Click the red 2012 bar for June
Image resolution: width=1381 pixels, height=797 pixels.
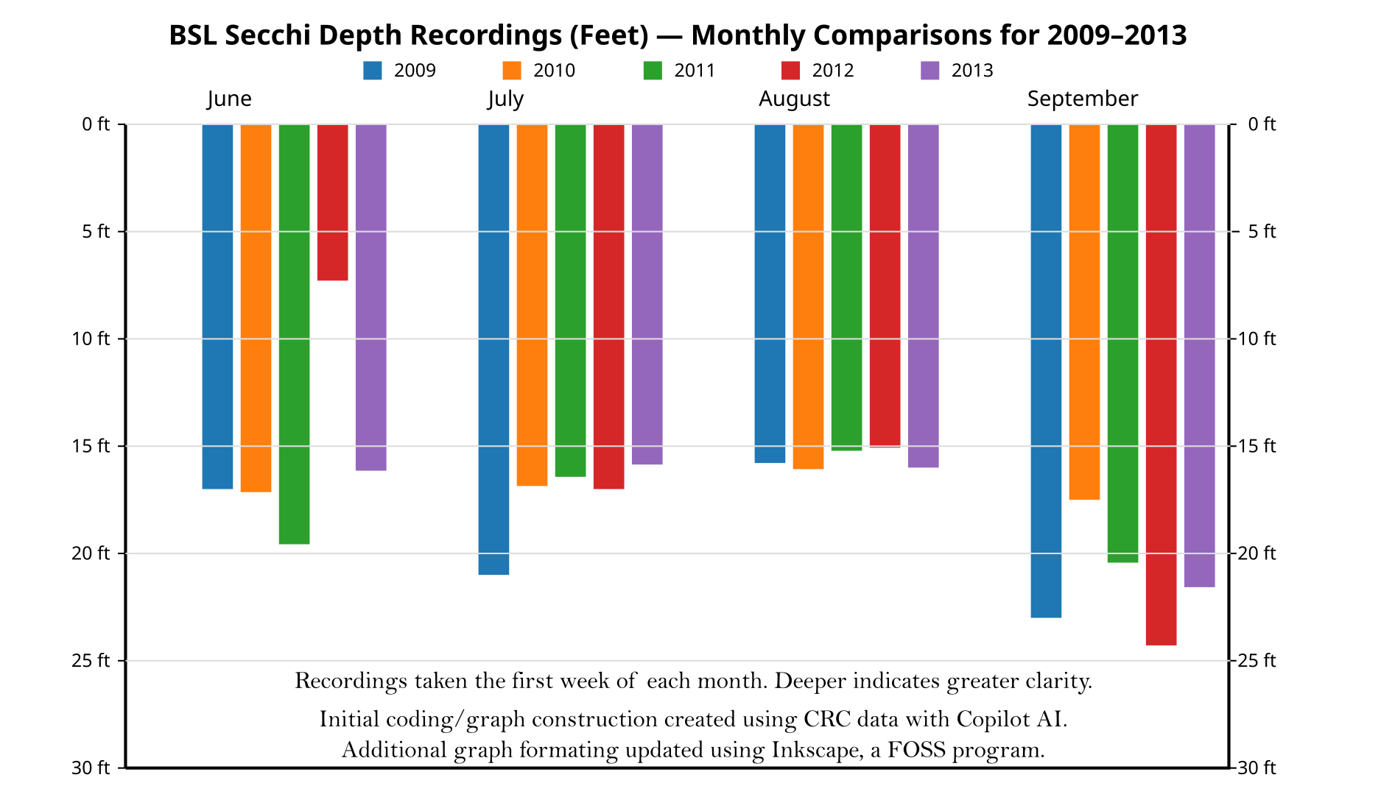[x=332, y=202]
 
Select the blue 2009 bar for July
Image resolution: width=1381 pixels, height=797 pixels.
[x=493, y=350]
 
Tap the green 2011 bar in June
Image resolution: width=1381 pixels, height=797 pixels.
[x=294, y=334]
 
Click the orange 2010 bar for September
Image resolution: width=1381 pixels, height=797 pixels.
[x=1084, y=312]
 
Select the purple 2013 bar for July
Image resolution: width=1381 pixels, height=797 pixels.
[x=647, y=294]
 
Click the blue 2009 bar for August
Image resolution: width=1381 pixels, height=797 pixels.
[x=770, y=294]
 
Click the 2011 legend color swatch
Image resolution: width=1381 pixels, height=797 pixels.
[x=653, y=71]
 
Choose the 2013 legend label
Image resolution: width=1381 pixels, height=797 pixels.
[x=972, y=71]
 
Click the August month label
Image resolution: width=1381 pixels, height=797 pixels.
[x=794, y=99]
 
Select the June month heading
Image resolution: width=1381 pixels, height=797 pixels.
[x=229, y=99]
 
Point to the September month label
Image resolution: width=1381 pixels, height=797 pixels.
[x=1082, y=99]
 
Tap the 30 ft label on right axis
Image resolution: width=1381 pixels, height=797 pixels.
[x=1257, y=768]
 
